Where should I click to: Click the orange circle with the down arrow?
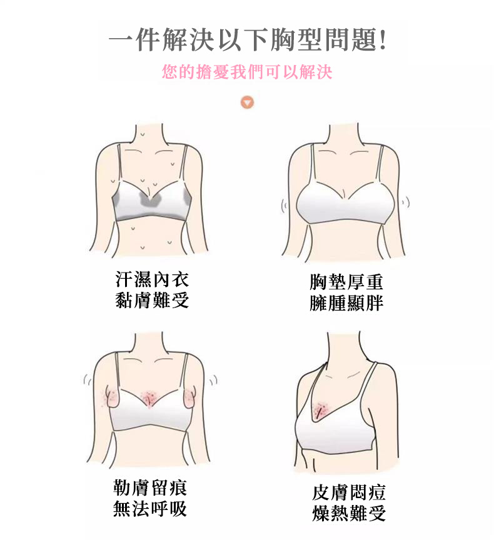point(248,102)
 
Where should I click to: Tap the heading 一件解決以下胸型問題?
point(248,40)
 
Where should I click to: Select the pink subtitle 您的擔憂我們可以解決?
point(247,72)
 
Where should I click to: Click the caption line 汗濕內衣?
point(152,279)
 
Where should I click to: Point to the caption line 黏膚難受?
point(152,299)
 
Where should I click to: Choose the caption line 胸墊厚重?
point(346,282)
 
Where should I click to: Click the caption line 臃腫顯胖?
point(346,303)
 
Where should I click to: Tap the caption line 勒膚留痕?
point(150,487)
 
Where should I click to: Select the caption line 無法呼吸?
point(150,508)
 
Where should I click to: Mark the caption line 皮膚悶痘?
point(349,492)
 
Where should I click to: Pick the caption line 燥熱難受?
point(349,514)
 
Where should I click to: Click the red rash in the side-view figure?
point(322,410)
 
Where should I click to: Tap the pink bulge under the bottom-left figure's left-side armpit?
point(113,397)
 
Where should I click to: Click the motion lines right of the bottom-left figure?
point(213,381)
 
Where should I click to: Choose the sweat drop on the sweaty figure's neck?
point(143,134)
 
